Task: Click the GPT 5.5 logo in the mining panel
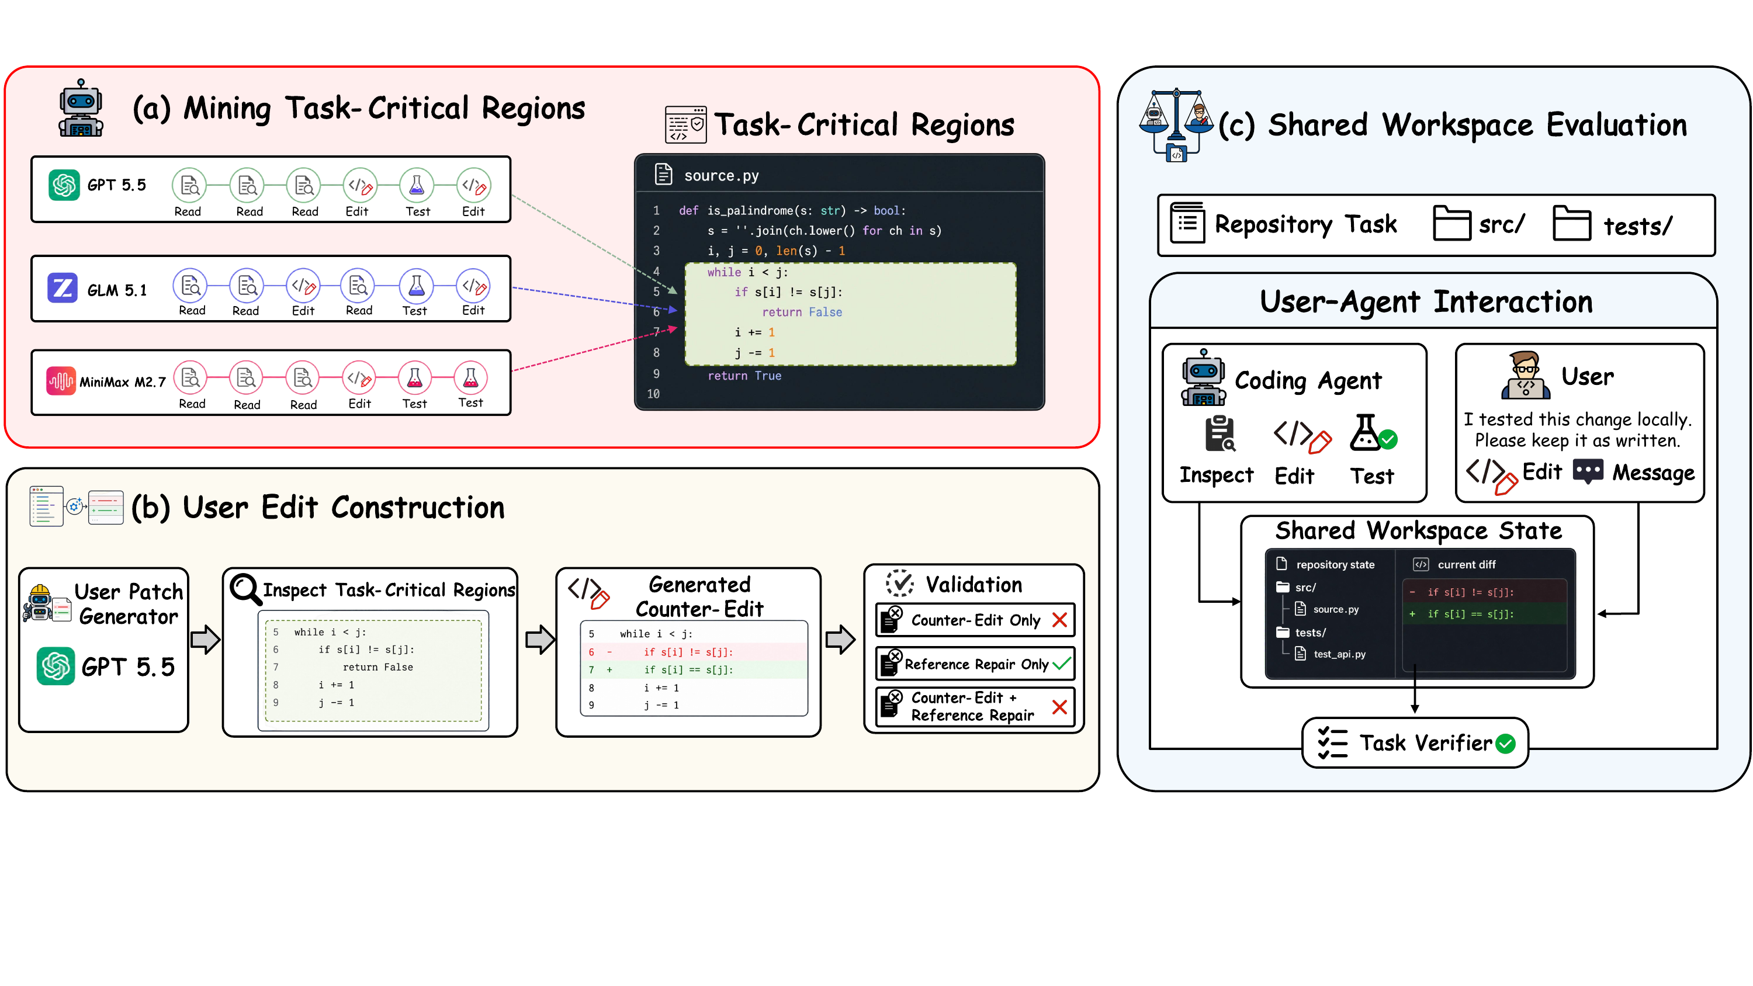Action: click(64, 185)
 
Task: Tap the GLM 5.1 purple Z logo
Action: click(62, 287)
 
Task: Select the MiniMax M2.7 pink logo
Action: click(61, 381)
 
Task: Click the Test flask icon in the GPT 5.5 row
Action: click(417, 185)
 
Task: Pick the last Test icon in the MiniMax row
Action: click(470, 378)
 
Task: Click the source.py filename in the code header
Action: click(721, 176)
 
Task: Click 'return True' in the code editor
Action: click(744, 376)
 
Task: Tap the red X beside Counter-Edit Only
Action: click(1059, 620)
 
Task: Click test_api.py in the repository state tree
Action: click(1339, 654)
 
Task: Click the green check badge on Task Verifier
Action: click(1506, 744)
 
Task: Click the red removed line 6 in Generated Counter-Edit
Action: click(694, 652)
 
